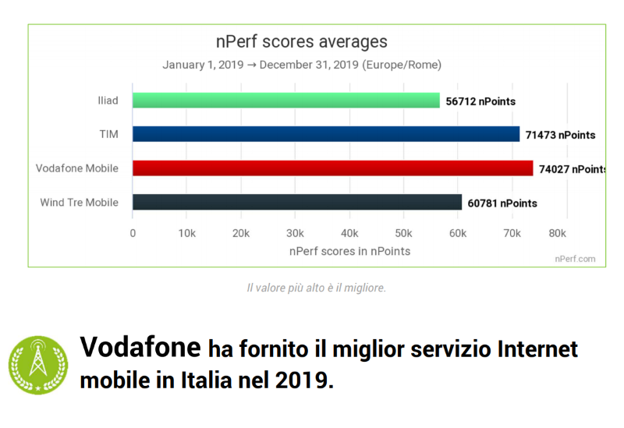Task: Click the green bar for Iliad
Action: pyautogui.click(x=286, y=101)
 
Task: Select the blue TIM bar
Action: pyautogui.click(x=326, y=134)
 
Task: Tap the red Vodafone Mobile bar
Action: pyautogui.click(x=333, y=168)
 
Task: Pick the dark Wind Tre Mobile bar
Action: pyautogui.click(x=297, y=203)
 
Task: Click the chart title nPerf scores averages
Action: pyautogui.click(x=301, y=41)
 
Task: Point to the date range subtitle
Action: pyautogui.click(x=302, y=65)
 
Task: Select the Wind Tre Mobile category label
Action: pyautogui.click(x=80, y=203)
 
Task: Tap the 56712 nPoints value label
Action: pyautogui.click(x=480, y=101)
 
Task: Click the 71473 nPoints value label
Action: pyautogui.click(x=559, y=135)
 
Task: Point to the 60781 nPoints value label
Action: pyautogui.click(x=501, y=203)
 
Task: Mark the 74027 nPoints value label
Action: pyautogui.click(x=572, y=169)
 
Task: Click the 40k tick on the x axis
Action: pyautogui.click(x=349, y=233)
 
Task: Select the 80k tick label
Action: pyautogui.click(x=557, y=233)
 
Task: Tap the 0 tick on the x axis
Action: pyautogui.click(x=133, y=233)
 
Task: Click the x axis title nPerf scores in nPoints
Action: pyautogui.click(x=349, y=251)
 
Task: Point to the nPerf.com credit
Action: pyautogui.click(x=575, y=259)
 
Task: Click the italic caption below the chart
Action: pyautogui.click(x=316, y=288)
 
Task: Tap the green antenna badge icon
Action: pyautogui.click(x=38, y=363)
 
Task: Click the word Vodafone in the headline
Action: pyautogui.click(x=138, y=347)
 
